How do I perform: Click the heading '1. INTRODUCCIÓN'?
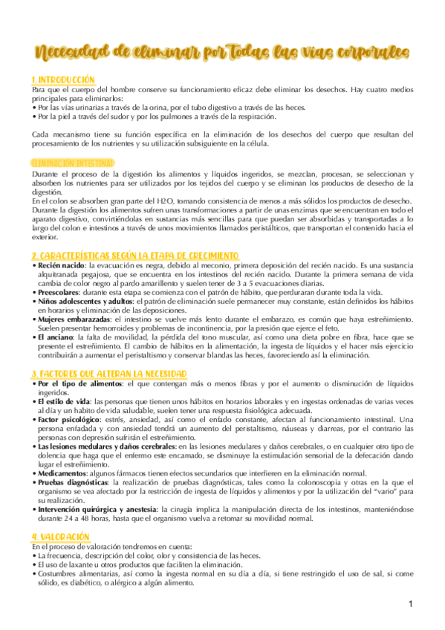pos(64,79)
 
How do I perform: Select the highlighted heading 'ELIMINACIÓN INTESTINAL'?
pos(73,163)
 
